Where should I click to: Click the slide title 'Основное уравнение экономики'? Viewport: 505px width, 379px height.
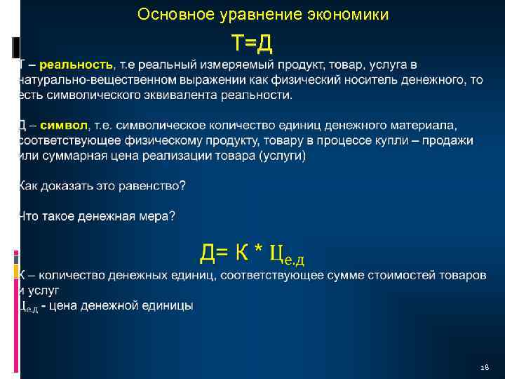click(x=263, y=14)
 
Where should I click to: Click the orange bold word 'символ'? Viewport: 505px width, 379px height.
click(x=65, y=126)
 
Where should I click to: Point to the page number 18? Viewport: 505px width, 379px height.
click(x=484, y=367)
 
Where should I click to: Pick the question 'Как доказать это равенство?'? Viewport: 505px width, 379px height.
click(x=102, y=186)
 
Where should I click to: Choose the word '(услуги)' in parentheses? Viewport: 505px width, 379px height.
click(x=283, y=156)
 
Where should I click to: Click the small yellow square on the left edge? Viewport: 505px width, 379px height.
click(x=15, y=268)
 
